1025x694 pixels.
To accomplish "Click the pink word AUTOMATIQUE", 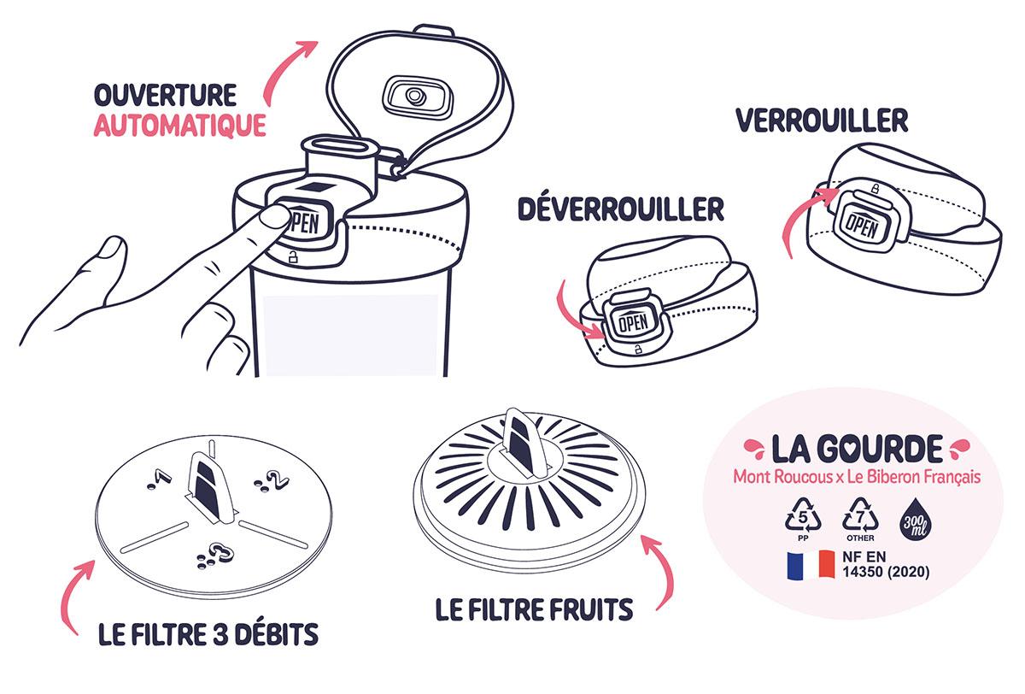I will pyautogui.click(x=180, y=126).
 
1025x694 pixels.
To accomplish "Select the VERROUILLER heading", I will pyautogui.click(x=822, y=121).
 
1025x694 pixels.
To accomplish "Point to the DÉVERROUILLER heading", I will pyautogui.click(x=621, y=209).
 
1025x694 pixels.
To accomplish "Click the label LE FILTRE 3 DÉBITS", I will pyautogui.click(x=208, y=634).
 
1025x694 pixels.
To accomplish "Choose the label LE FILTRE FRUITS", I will pyautogui.click(x=534, y=609).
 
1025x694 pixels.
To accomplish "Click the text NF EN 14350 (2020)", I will pyautogui.click(x=886, y=565).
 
